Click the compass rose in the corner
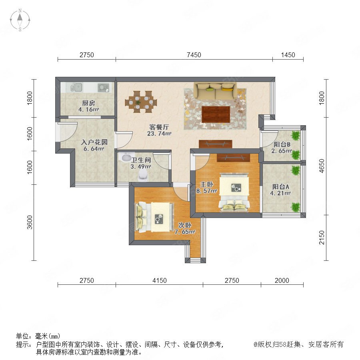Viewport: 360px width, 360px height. [20, 20]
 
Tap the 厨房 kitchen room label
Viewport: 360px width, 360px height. [89, 103]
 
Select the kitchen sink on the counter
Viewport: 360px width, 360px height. [76, 87]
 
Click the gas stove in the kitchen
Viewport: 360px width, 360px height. [104, 88]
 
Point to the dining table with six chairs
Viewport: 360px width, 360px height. [141, 102]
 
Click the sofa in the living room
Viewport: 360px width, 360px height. [215, 91]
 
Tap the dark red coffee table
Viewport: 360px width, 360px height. [216, 114]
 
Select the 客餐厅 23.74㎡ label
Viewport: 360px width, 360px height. [159, 130]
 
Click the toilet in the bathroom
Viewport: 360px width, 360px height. [143, 176]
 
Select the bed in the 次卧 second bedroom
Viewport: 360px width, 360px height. [154, 217]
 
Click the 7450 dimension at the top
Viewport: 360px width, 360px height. [194, 55]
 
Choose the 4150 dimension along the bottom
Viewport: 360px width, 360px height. [160, 280]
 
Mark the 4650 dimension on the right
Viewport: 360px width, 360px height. [322, 166]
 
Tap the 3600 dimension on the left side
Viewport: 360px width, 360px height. [30, 222]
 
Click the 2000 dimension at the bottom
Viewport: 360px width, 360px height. [282, 280]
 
